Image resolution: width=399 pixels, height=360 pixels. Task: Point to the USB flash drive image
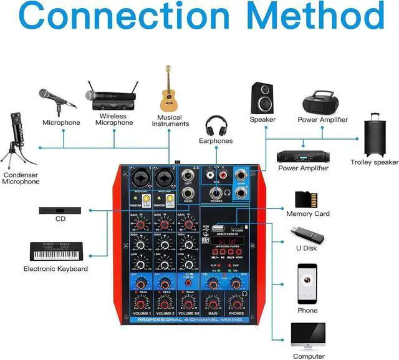click(305, 236)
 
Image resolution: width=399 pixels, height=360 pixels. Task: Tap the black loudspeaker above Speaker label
click(262, 97)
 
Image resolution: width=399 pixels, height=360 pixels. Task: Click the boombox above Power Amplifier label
click(322, 101)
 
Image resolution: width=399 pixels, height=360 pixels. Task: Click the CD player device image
click(60, 211)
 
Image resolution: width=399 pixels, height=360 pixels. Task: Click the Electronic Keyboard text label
click(55, 269)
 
